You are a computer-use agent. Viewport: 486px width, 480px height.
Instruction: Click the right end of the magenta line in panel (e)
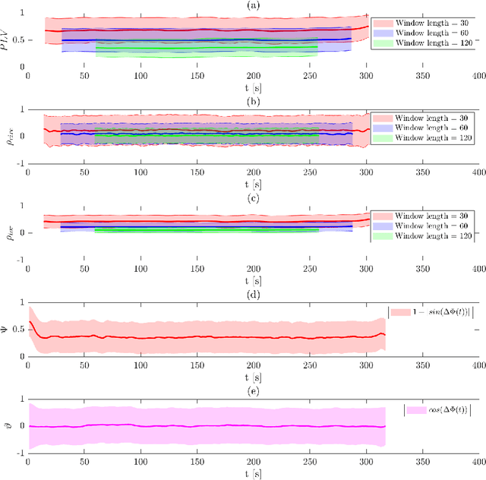(x=385, y=427)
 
